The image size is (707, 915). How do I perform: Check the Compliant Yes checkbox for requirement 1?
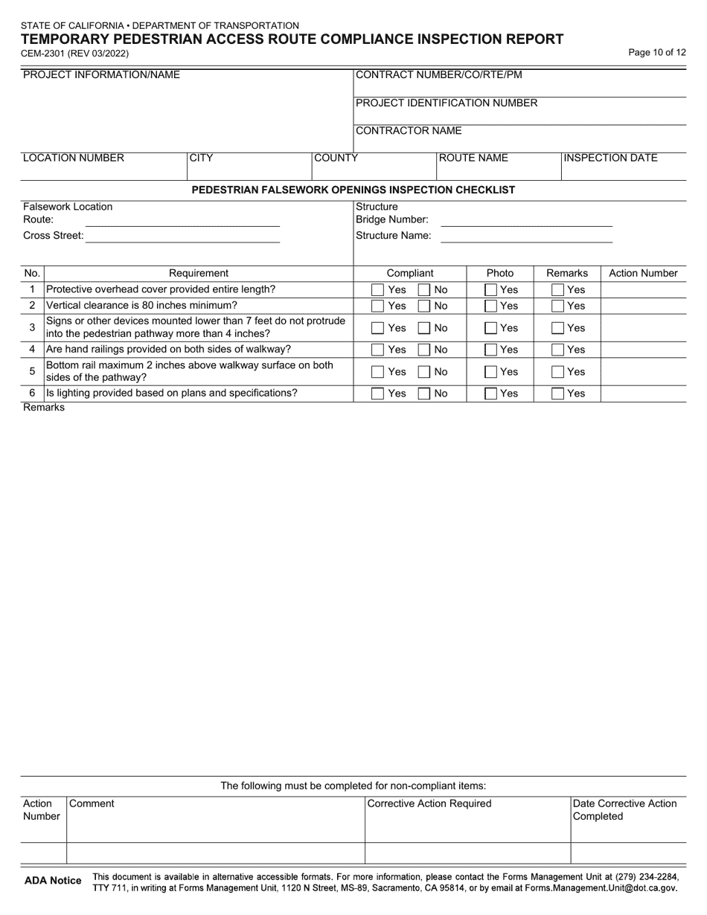pyautogui.click(x=378, y=289)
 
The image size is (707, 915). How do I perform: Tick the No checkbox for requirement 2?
pyautogui.click(x=424, y=306)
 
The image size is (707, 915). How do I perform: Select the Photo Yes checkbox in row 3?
pyautogui.click(x=491, y=327)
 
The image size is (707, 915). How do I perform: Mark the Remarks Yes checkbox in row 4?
pyautogui.click(x=557, y=349)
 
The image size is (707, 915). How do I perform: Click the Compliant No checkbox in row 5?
pyautogui.click(x=424, y=371)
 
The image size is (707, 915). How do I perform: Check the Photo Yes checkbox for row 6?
pyautogui.click(x=491, y=394)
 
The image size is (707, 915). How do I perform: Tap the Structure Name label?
pyautogui.click(x=393, y=236)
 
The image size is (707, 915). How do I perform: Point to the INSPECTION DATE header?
pyautogui.click(x=611, y=158)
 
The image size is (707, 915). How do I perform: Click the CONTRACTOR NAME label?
pyautogui.click(x=409, y=131)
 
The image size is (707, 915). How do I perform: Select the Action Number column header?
pyautogui.click(x=643, y=273)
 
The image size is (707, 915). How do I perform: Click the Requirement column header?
pyautogui.click(x=199, y=273)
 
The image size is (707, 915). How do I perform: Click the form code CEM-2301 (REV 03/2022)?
pyautogui.click(x=74, y=54)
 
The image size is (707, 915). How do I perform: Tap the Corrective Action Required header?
pyautogui.click(x=429, y=803)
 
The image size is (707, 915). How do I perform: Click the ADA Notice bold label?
pyautogui.click(x=53, y=881)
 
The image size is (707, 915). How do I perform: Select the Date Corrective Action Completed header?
pyautogui.click(x=624, y=809)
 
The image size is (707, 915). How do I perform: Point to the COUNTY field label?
pyautogui.click(x=336, y=158)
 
